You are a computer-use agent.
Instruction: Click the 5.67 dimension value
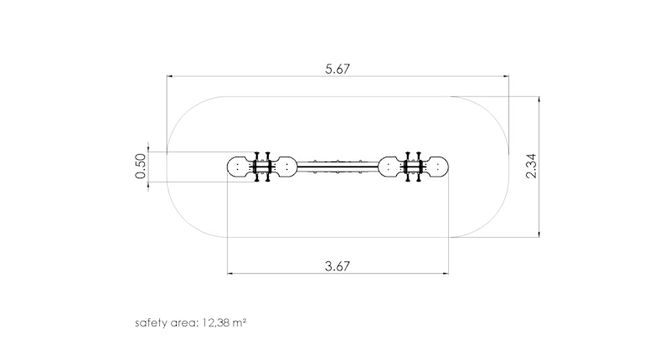[x=338, y=69]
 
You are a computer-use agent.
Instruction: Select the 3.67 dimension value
[x=338, y=266]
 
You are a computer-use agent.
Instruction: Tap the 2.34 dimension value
[x=531, y=166]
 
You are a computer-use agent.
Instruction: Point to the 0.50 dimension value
[x=140, y=166]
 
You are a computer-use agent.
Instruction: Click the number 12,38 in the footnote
[x=216, y=323]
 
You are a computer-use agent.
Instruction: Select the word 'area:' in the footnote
[x=184, y=323]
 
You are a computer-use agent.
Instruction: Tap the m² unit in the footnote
[x=240, y=322]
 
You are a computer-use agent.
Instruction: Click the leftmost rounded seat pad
[x=240, y=167]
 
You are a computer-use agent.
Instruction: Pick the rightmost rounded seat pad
[x=435, y=167]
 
